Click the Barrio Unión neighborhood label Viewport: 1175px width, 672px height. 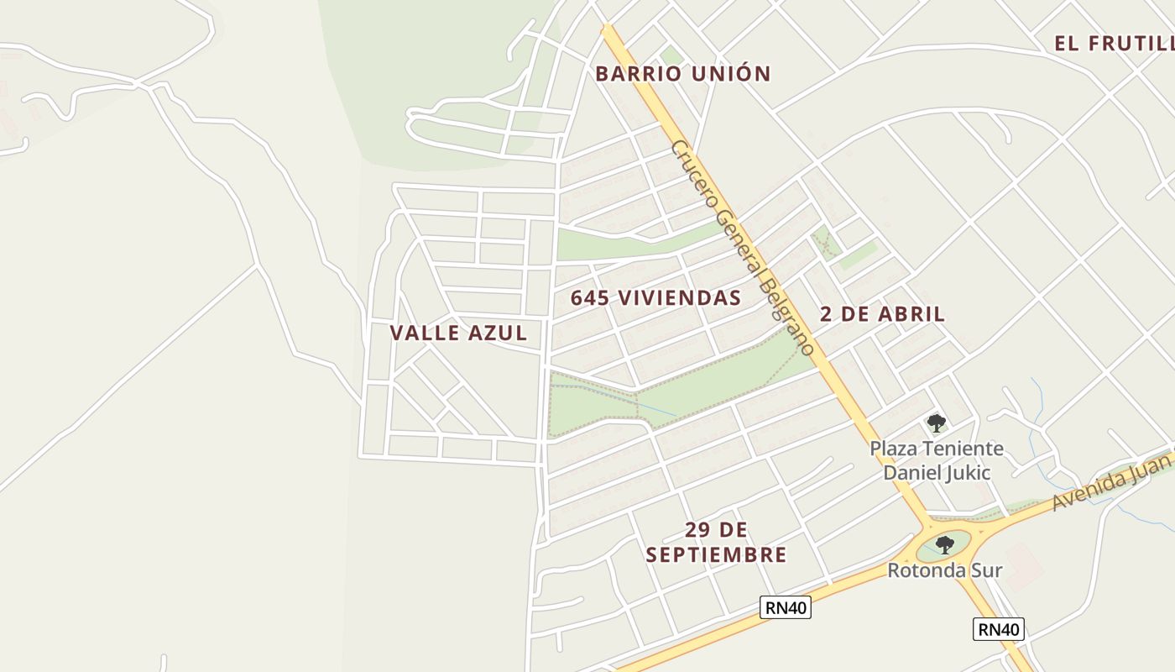coord(682,74)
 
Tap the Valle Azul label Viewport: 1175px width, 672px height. coord(458,333)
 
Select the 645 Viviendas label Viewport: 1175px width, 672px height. coord(655,297)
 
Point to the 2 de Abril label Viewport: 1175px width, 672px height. coord(882,314)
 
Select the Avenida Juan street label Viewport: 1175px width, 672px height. coord(1111,480)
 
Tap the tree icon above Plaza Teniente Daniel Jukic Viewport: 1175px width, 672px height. coord(936,423)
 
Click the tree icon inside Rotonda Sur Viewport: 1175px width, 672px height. coord(945,544)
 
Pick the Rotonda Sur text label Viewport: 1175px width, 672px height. coord(945,570)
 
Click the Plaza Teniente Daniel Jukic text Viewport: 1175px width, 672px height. coord(937,460)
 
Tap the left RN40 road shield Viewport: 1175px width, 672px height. coord(786,607)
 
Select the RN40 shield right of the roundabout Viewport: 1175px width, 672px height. coord(999,628)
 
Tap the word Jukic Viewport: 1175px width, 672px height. coord(967,472)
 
